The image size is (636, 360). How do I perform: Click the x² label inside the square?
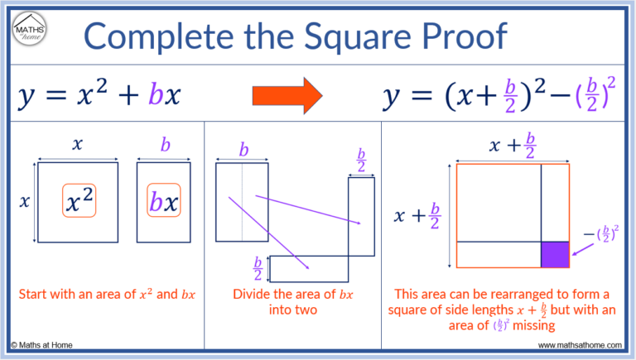(x=79, y=202)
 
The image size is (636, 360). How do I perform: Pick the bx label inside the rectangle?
(x=165, y=202)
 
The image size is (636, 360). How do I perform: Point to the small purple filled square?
(x=554, y=253)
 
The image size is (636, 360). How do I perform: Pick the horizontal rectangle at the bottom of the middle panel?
(x=311, y=267)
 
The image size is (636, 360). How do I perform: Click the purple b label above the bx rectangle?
(x=165, y=146)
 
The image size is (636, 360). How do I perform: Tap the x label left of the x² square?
(x=23, y=201)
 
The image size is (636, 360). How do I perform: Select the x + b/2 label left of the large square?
(x=417, y=216)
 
